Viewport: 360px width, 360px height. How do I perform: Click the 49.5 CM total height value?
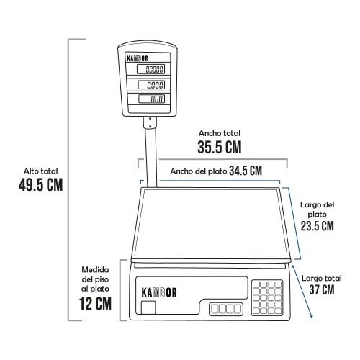pyautogui.click(x=40, y=184)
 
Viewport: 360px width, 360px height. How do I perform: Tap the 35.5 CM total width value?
pyautogui.click(x=220, y=147)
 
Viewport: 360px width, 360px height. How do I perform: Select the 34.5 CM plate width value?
pyautogui.click(x=246, y=171)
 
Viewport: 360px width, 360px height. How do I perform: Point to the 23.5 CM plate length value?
pyautogui.click(x=318, y=226)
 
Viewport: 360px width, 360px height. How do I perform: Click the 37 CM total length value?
pyautogui.click(x=322, y=289)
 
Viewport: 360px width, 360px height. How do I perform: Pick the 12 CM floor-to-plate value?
pyautogui.click(x=95, y=304)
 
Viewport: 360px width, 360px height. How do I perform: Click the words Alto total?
pyautogui.click(x=40, y=171)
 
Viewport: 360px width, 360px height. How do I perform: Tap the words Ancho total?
pyautogui.click(x=220, y=133)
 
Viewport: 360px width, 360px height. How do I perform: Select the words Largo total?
pyautogui.click(x=322, y=278)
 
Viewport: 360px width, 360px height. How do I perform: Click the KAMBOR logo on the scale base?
pyautogui.click(x=159, y=292)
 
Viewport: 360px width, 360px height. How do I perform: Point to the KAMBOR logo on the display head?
pyautogui.click(x=138, y=58)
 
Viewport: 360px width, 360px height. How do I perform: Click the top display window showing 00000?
pyautogui.click(x=150, y=69)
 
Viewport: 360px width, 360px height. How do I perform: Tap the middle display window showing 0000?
pyautogui.click(x=151, y=84)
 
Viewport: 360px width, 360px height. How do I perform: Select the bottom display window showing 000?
pyautogui.click(x=152, y=99)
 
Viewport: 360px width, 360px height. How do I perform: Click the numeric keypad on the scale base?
pyautogui.click(x=267, y=298)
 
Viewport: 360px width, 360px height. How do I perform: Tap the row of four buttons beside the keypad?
pyautogui.click(x=226, y=309)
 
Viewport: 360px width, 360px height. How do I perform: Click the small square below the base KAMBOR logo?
pyautogui.click(x=148, y=307)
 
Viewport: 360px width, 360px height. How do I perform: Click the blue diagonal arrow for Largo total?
pyautogui.click(x=302, y=292)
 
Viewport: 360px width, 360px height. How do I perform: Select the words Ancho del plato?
pyautogui.click(x=199, y=171)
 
